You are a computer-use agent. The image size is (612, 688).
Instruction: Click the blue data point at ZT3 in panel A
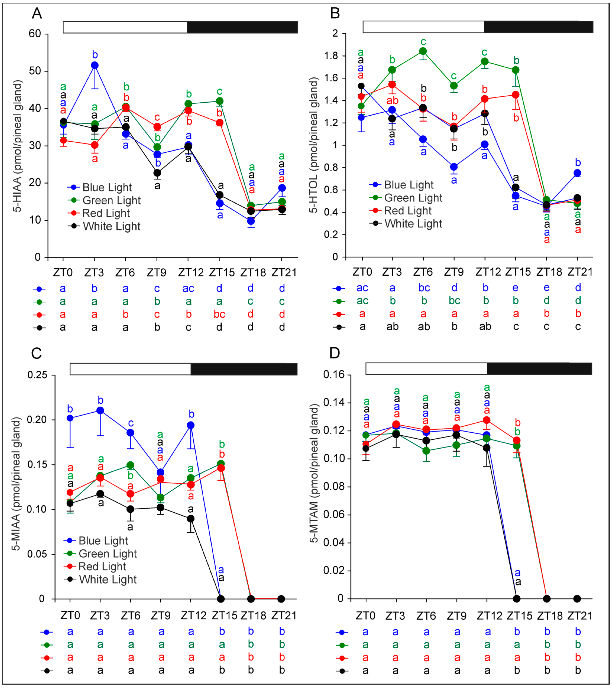click(95, 65)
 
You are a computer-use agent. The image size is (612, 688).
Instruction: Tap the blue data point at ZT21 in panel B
click(577, 173)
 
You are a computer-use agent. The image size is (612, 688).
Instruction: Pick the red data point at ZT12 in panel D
click(487, 420)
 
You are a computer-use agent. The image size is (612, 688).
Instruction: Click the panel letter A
click(37, 14)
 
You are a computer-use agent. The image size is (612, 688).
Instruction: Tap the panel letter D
click(335, 353)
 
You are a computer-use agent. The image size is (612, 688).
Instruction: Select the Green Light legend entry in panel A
click(111, 200)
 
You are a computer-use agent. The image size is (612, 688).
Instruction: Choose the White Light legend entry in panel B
click(413, 223)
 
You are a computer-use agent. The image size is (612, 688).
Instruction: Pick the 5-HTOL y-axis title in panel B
click(313, 145)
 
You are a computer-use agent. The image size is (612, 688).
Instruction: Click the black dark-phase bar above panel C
click(244, 369)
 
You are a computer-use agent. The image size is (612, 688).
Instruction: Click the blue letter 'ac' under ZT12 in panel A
click(188, 288)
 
